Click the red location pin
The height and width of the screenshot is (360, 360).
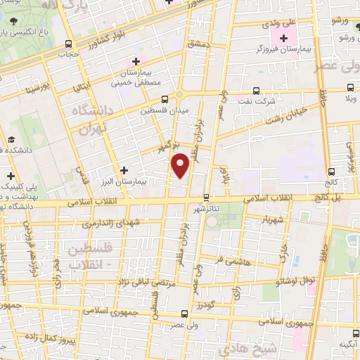tap(181, 165)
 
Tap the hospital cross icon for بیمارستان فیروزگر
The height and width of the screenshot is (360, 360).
tap(284, 38)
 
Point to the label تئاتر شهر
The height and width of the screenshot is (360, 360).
tap(205, 209)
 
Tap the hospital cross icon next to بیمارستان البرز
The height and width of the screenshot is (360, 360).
tap(124, 169)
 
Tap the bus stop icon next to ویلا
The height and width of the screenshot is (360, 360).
tap(351, 89)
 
